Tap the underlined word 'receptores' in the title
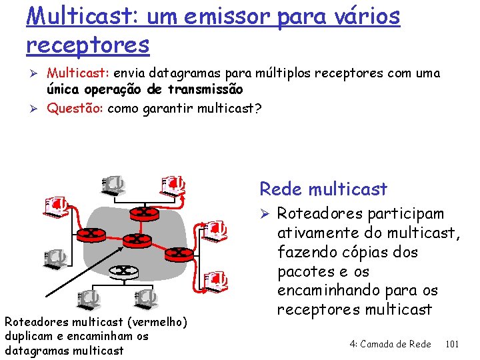88,45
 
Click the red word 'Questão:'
75,109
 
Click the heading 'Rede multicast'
323,189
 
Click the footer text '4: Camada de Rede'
390,344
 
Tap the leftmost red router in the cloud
88,233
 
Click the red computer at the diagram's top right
173,185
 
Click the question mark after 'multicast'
258,109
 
